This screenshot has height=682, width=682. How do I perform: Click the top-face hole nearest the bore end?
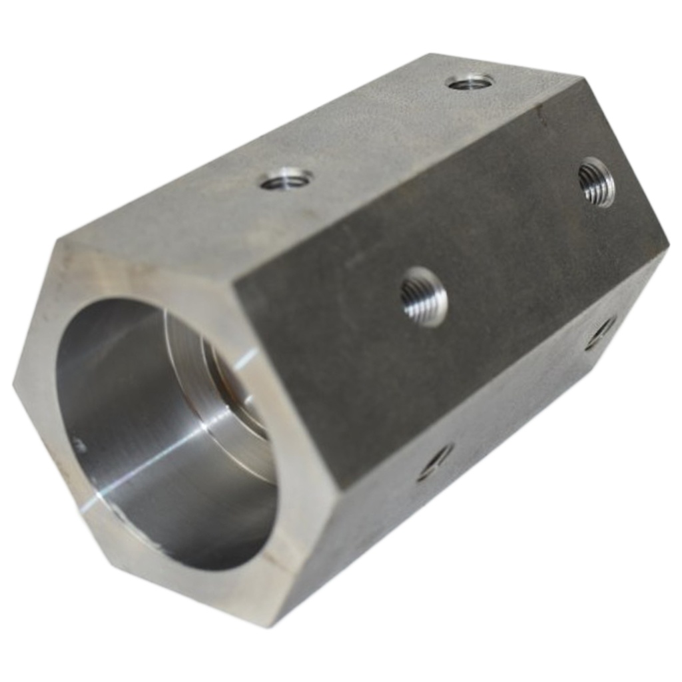[x=286, y=179]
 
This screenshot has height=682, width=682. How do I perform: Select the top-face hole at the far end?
[x=470, y=82]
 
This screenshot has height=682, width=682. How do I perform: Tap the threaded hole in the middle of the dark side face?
[x=424, y=296]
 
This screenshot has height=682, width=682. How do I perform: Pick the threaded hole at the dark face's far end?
[x=596, y=182]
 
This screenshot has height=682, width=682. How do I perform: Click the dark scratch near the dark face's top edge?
[x=541, y=121]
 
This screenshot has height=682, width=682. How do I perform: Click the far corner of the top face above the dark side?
[x=583, y=78]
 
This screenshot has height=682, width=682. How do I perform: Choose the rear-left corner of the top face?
[x=432, y=55]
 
